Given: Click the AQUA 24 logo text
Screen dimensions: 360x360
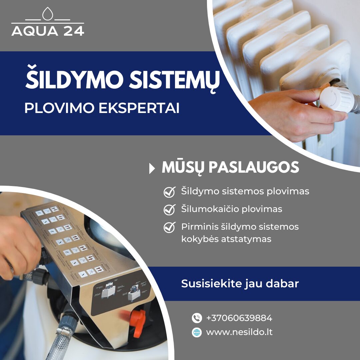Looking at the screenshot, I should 48,31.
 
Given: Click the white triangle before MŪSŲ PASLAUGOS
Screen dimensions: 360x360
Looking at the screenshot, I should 152,169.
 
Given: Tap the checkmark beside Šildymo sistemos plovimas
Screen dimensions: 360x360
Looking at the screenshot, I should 169,192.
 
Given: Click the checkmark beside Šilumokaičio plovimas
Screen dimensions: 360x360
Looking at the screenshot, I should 169,210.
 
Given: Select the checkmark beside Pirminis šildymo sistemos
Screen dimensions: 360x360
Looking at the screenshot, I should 169,227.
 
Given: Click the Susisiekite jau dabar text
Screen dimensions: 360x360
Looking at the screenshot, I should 240,284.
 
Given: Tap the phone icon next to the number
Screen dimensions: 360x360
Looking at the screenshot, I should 197,318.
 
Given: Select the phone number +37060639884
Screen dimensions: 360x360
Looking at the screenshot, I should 239,318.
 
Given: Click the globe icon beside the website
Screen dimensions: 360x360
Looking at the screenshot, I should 197,332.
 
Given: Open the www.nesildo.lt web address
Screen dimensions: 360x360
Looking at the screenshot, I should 239,332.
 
